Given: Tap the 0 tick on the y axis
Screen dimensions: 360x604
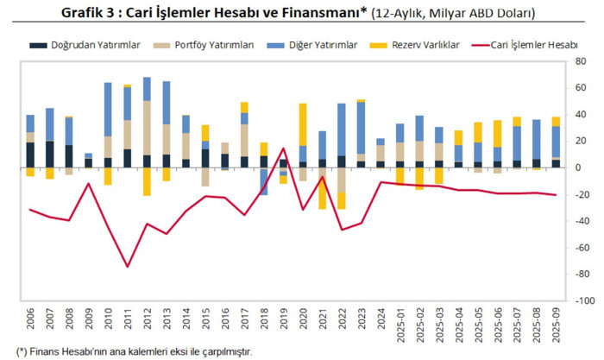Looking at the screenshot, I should click(x=580, y=167).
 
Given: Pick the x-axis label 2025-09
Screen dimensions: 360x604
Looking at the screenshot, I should click(x=554, y=329).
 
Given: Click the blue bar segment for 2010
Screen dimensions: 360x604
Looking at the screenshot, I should click(x=108, y=109).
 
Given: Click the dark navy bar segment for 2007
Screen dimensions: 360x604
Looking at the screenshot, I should click(x=50, y=154).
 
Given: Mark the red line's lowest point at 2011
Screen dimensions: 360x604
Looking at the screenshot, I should click(x=128, y=266).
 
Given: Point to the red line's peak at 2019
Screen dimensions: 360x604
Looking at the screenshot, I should click(x=283, y=148).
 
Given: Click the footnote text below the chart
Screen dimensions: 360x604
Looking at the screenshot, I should click(x=129, y=351).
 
